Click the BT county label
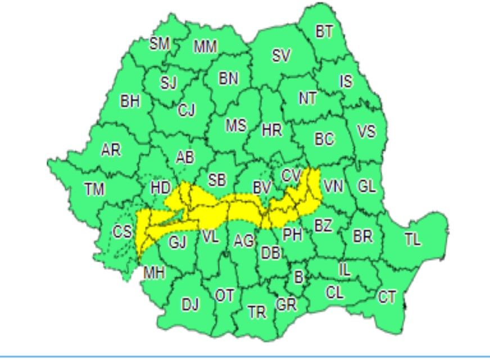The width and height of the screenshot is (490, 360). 324,32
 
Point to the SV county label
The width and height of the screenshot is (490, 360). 282,55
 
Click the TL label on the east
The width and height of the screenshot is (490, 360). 412,240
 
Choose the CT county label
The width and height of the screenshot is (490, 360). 387,297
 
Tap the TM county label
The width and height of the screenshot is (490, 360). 94,190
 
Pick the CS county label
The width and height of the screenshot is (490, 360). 121,231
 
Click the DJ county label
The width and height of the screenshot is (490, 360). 190,305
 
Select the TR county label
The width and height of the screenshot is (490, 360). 257,312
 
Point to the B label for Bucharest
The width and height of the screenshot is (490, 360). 298,276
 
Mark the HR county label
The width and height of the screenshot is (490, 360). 272,131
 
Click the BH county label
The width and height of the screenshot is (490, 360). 130,102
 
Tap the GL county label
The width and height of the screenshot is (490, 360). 366,186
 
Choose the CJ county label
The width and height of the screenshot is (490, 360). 187,111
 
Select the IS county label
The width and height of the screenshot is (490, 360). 346,82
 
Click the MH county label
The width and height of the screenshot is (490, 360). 154,274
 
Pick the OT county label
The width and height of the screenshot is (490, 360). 224,295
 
